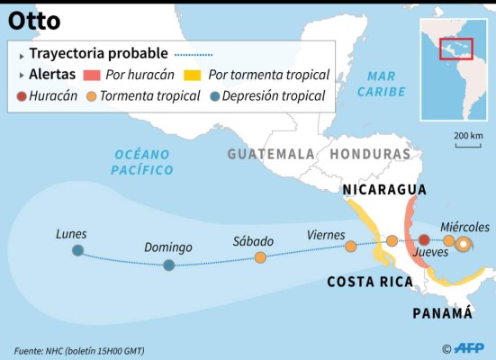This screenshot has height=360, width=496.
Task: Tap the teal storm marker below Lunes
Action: point(78,250)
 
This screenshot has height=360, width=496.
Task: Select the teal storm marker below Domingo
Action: point(168,265)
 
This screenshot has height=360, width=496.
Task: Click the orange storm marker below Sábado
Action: point(260,257)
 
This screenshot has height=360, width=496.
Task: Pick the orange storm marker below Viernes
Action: point(350,245)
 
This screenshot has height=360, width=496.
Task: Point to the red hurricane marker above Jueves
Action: point(424,240)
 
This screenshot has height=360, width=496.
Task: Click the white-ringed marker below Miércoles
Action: point(463,243)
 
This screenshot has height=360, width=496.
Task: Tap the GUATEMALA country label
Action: point(271,154)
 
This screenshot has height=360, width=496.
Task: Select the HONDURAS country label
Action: point(370,154)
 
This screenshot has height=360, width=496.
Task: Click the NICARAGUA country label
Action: point(383,190)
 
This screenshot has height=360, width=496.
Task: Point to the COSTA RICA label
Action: point(370,282)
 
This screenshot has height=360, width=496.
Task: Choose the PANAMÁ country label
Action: point(442,312)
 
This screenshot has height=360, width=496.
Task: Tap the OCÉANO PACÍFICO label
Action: point(142,162)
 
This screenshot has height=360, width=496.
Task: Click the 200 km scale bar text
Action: point(468,135)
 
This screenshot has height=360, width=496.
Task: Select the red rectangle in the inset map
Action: point(455,48)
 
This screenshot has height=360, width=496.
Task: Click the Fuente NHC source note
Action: point(79,350)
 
